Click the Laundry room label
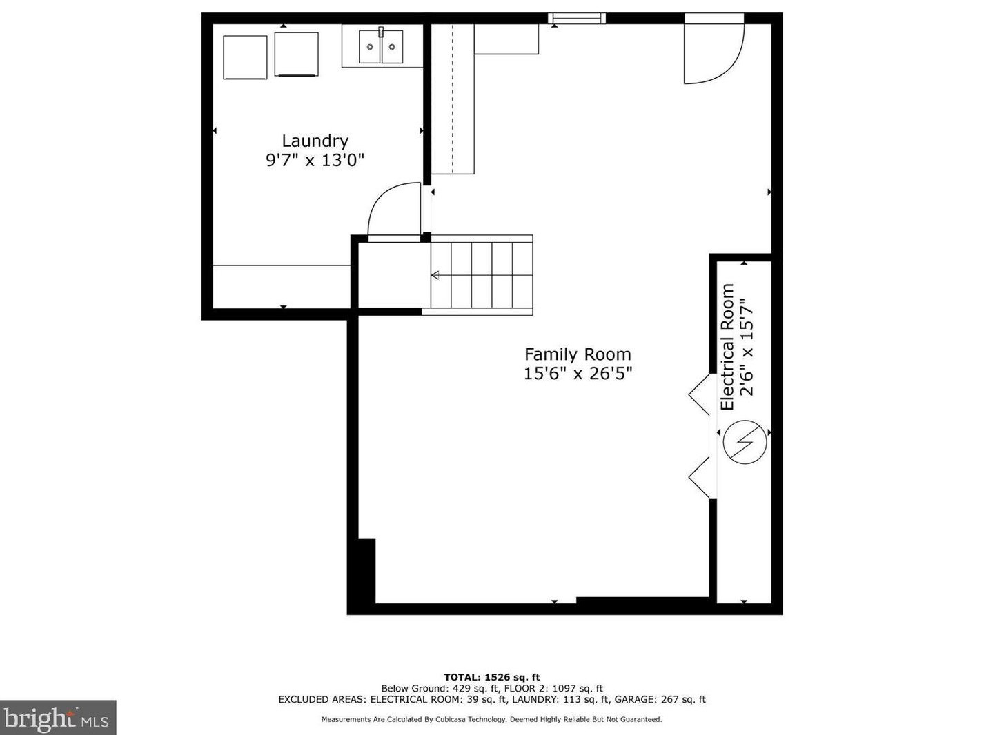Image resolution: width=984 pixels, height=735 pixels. [315, 141]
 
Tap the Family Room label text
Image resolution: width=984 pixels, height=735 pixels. [578, 354]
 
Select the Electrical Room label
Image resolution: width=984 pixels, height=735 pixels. [727, 347]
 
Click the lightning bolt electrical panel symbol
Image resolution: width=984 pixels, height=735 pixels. [745, 442]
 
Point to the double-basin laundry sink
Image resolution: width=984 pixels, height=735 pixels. [381, 47]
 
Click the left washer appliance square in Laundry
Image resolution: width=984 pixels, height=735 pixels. [245, 57]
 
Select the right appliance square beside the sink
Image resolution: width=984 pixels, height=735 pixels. [296, 54]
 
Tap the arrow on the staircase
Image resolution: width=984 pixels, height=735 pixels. [435, 275]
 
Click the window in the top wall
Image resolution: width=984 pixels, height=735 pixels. [576, 18]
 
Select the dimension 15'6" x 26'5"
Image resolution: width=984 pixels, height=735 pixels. [578, 373]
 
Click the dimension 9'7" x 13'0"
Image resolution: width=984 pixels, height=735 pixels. [315, 159]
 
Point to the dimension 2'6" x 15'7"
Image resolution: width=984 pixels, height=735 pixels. [747, 347]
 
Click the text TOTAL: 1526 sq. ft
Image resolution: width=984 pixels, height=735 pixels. [492, 677]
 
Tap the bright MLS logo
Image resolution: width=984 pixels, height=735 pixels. [57, 718]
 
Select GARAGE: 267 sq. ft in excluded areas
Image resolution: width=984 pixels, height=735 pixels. [660, 699]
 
